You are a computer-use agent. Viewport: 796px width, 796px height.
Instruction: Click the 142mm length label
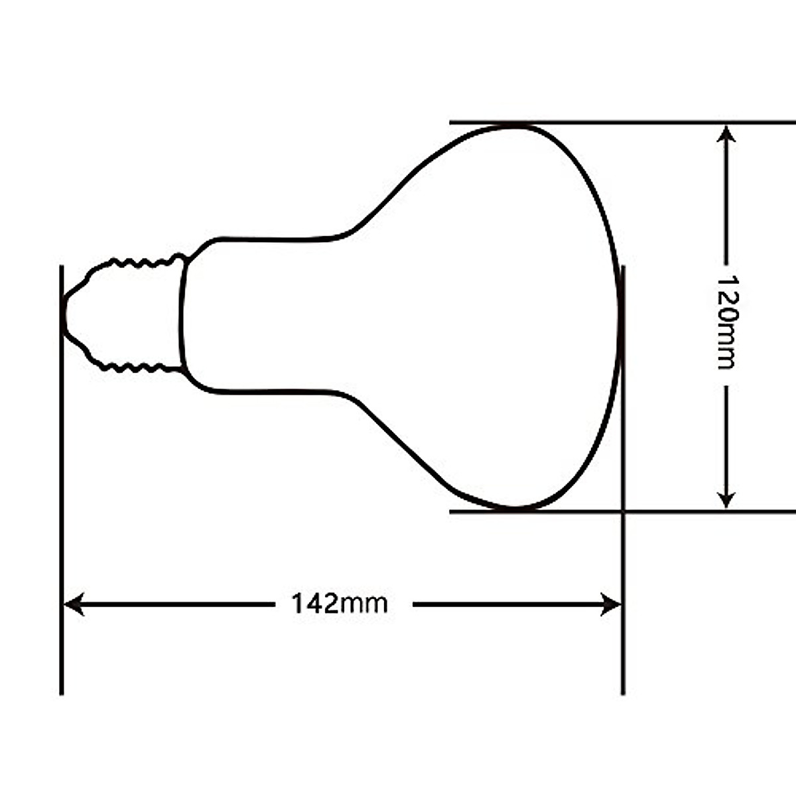[x=339, y=604]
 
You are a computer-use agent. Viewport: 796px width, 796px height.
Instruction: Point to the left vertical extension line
[x=62, y=478]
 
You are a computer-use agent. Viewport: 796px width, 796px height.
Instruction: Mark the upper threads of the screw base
[x=139, y=263]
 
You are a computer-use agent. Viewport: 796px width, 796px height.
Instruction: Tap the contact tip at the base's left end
[x=63, y=315]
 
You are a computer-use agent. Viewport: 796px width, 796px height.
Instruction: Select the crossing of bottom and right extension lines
[x=623, y=511]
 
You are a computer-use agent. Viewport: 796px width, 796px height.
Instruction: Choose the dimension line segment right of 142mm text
[x=504, y=604]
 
